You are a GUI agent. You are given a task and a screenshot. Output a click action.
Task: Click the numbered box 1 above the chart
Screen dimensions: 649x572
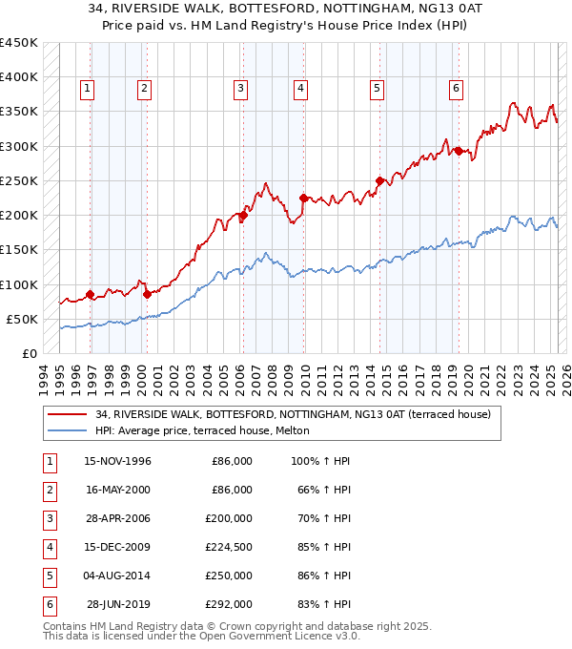tap(87, 89)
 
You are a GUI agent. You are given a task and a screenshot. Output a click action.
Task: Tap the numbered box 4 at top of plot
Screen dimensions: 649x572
tap(300, 89)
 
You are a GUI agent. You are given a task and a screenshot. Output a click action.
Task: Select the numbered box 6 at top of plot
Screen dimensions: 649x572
tap(457, 89)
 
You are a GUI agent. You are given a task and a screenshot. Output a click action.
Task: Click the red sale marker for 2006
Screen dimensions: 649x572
tap(243, 216)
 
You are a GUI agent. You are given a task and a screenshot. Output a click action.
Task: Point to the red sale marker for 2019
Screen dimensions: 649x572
tap(459, 151)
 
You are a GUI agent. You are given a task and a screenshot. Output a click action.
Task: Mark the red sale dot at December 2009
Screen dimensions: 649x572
tap(303, 199)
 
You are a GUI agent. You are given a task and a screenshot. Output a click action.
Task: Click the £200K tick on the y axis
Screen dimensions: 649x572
tap(19, 216)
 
